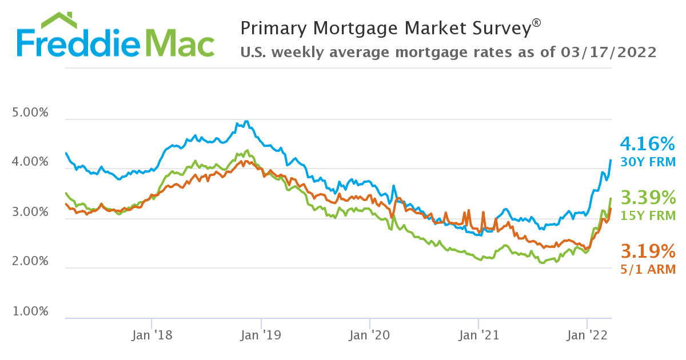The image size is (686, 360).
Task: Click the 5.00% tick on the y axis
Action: coord(30,112)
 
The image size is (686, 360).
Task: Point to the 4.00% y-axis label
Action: coord(30,162)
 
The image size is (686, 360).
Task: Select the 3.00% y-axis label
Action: coord(30,212)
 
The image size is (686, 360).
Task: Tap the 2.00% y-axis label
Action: coord(30,262)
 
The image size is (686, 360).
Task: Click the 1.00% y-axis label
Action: coord(30,312)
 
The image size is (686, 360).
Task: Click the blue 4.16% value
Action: coord(648,143)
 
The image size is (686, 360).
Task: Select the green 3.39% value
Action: coord(648,198)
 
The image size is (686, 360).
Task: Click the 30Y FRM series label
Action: coord(648,161)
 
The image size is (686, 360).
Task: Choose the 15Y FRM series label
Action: coord(648,215)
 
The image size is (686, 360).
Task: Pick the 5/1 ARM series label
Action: coord(648,269)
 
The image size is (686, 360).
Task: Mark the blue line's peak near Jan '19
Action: coord(246,121)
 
